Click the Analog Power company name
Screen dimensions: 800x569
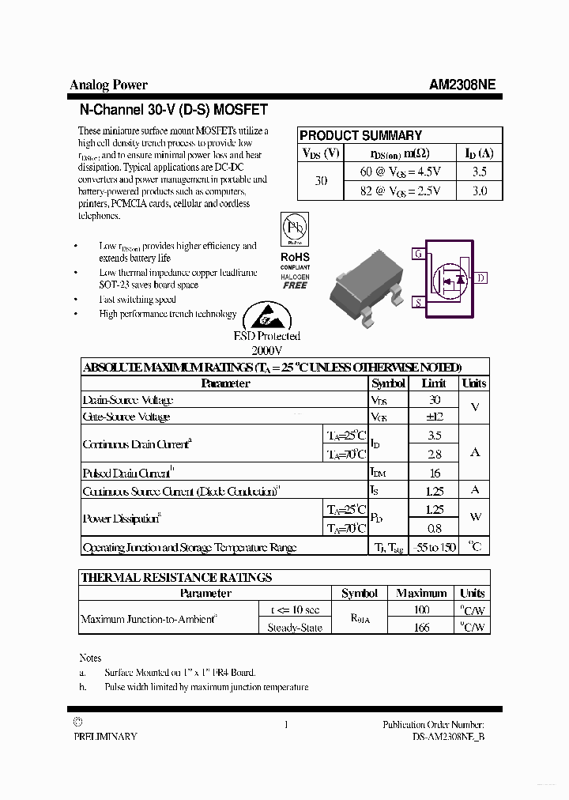click(x=108, y=85)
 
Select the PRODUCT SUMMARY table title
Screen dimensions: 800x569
click(x=360, y=135)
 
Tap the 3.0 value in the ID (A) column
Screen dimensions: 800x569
click(x=479, y=191)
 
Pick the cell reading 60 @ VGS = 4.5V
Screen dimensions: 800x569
click(x=401, y=172)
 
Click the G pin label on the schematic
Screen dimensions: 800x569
click(x=417, y=254)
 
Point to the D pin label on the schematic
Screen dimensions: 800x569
click(x=481, y=277)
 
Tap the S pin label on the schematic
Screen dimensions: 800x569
click(x=417, y=302)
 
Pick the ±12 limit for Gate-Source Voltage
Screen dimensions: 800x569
click(x=434, y=417)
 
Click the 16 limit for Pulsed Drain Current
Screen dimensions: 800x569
click(x=434, y=473)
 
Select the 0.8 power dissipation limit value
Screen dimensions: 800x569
click(x=434, y=529)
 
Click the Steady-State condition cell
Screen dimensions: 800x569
click(x=295, y=628)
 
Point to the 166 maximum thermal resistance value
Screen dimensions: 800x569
click(x=421, y=627)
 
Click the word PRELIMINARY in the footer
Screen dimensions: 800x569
click(x=105, y=736)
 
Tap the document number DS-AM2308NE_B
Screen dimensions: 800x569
click(x=448, y=736)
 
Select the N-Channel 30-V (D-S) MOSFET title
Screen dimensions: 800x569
click(x=174, y=110)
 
